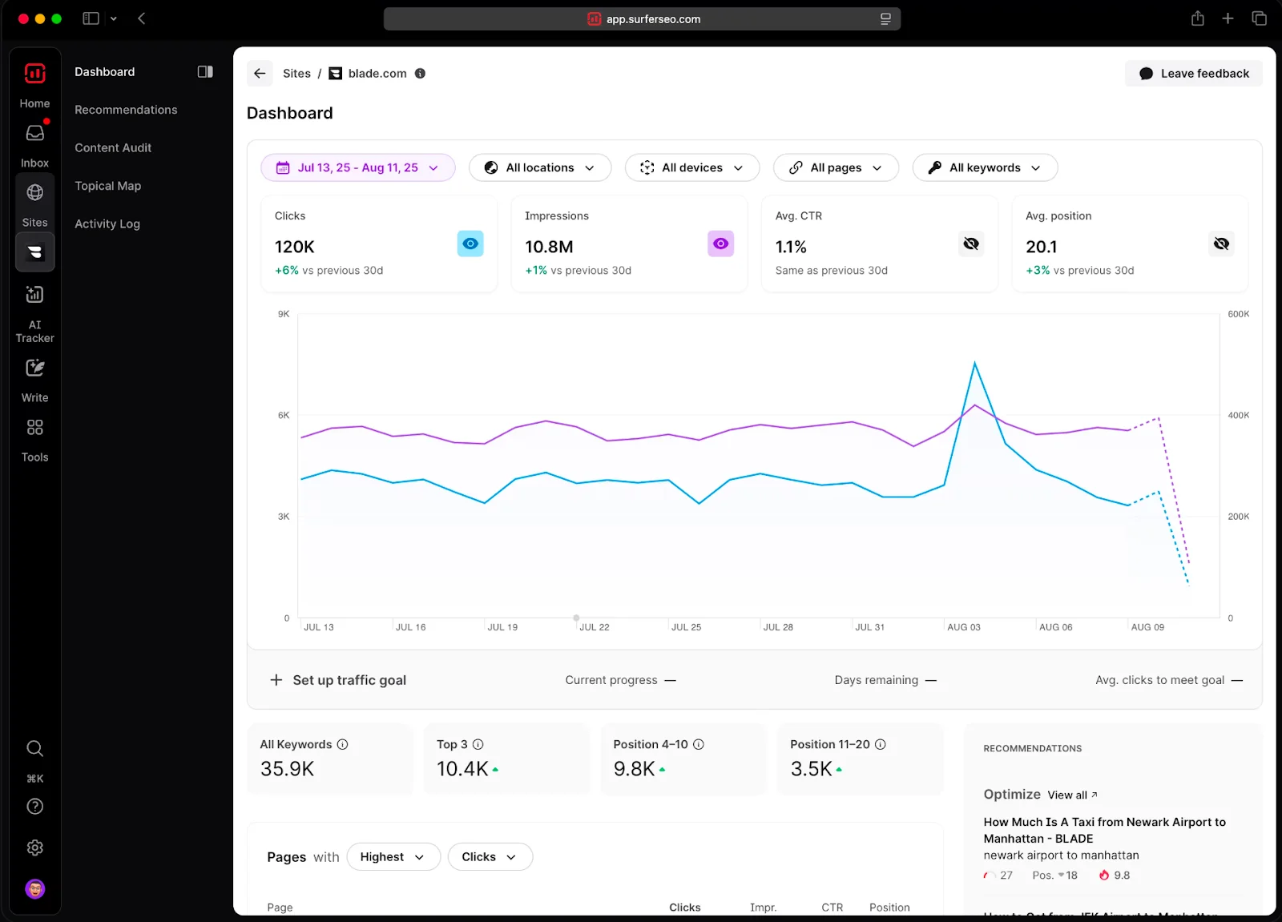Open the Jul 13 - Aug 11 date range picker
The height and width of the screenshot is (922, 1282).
tap(357, 167)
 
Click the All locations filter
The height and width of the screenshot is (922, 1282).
tap(540, 167)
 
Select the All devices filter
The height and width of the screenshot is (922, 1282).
tap(691, 167)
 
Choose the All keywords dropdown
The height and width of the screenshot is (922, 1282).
tap(985, 167)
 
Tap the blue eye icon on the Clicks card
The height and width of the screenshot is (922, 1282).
tap(470, 244)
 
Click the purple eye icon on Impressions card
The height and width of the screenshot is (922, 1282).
tap(720, 244)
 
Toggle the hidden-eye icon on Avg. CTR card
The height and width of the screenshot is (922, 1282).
tap(971, 244)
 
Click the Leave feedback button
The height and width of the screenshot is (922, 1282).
tap(1194, 74)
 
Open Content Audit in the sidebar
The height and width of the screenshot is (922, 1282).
tap(113, 147)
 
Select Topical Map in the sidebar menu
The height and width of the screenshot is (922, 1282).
tap(108, 186)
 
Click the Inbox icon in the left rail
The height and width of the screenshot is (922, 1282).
tap(34, 134)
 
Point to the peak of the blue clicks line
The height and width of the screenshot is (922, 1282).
tap(974, 363)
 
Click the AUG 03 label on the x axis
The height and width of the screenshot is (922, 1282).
tap(963, 627)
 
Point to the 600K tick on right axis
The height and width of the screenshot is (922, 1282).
tap(1238, 314)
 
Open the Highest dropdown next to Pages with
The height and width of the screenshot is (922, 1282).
tap(393, 857)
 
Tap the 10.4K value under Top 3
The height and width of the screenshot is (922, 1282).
tap(462, 769)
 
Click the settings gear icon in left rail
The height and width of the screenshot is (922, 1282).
tap(34, 848)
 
